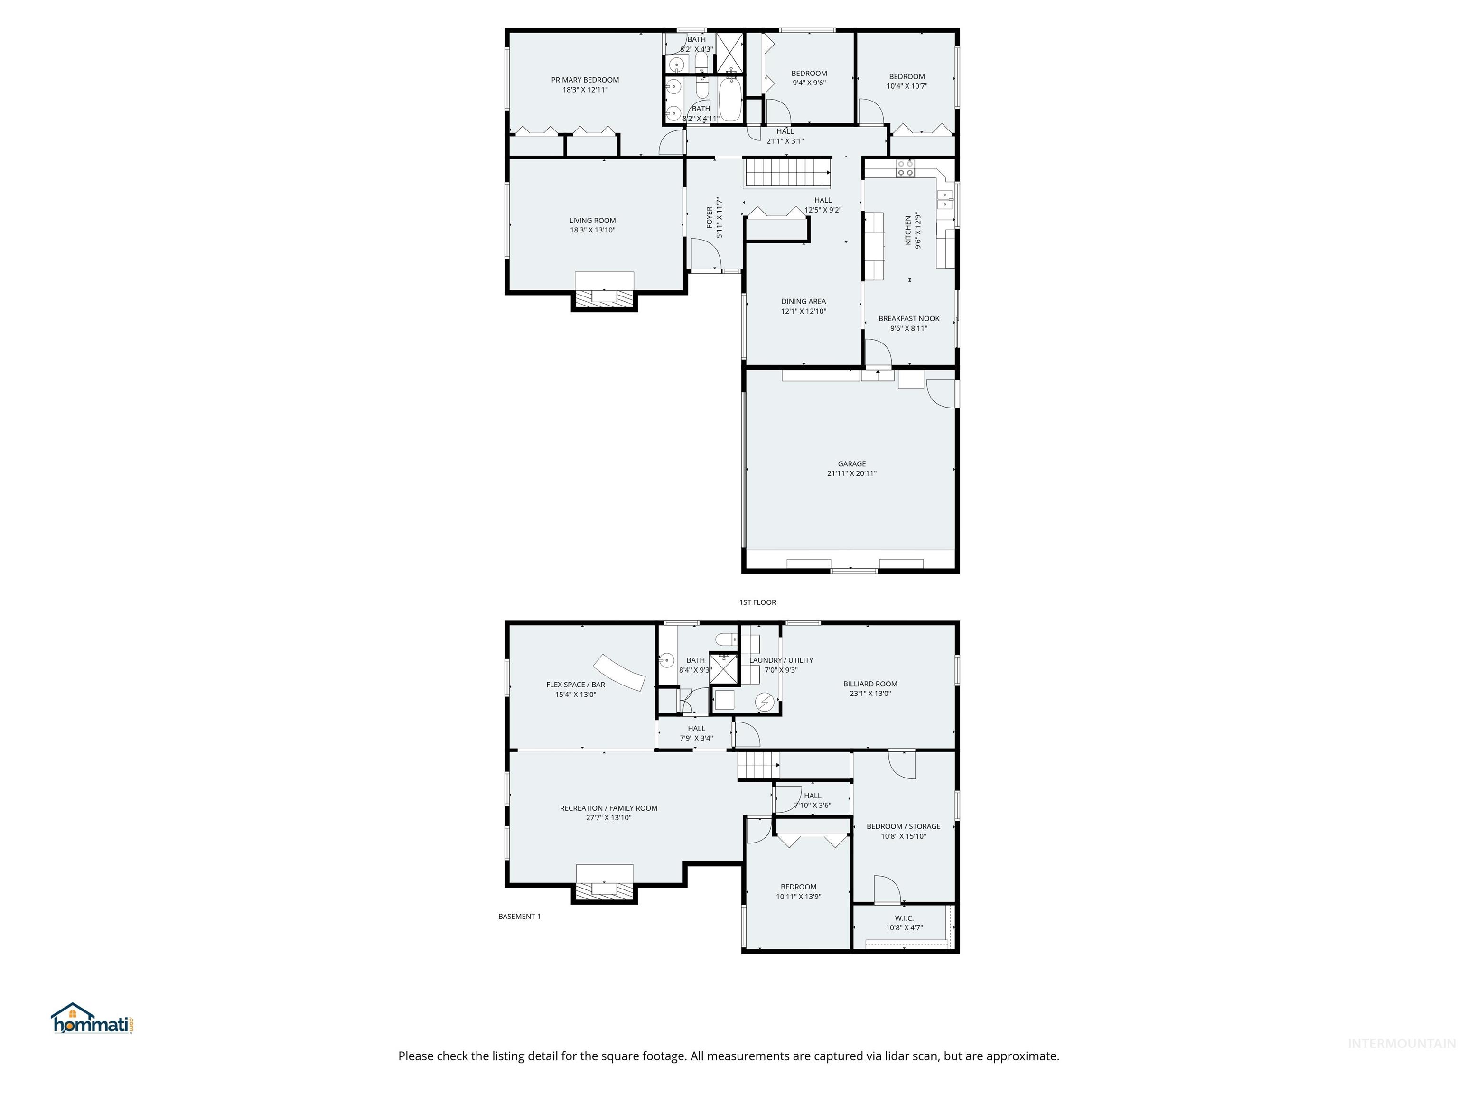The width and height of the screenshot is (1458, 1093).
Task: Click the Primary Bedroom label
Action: pos(585,80)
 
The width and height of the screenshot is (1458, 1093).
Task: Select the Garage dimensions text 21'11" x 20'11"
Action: pos(851,473)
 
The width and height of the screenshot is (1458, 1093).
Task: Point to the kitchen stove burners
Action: pos(906,169)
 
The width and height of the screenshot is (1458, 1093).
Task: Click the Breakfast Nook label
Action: pos(908,318)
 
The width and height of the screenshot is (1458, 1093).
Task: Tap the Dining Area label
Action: pos(804,301)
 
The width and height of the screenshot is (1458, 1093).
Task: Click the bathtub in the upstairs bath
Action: pos(729,102)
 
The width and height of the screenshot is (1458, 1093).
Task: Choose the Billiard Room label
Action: pos(870,684)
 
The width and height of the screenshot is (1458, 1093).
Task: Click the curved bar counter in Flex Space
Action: pos(619,672)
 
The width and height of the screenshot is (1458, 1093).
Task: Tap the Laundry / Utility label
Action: pos(781,660)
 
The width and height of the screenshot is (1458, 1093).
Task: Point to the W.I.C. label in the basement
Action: pos(904,918)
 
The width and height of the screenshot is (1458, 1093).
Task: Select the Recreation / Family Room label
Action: pos(608,808)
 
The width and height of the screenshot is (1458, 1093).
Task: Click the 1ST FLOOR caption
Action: pos(757,602)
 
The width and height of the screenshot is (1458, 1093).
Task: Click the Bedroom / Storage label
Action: pos(903,826)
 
